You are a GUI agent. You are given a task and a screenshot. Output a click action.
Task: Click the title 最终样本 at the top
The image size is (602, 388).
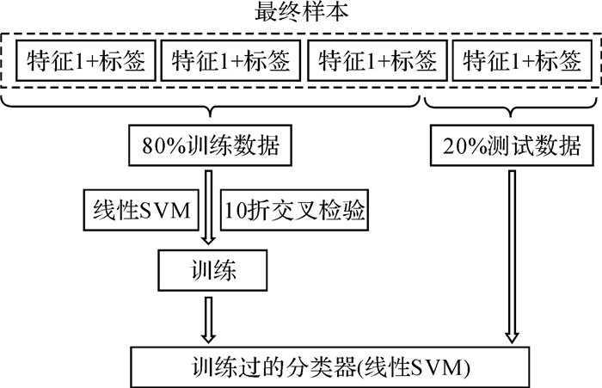click(301, 14)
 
